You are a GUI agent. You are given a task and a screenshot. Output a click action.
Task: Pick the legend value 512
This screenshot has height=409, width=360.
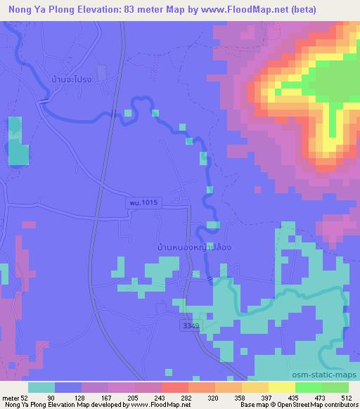(346, 398)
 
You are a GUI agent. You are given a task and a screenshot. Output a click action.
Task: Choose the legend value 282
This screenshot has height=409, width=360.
(185, 398)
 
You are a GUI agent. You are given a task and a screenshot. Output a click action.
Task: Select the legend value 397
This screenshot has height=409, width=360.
(266, 398)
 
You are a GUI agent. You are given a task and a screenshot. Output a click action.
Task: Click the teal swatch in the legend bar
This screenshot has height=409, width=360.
(41, 387)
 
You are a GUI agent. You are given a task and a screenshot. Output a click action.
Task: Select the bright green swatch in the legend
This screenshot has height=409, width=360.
(309, 387)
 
